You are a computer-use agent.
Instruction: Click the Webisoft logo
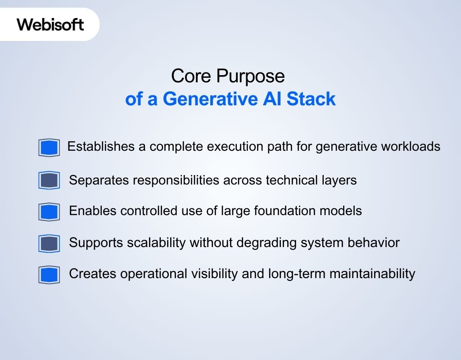[x=50, y=24]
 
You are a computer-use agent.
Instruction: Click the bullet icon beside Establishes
[x=49, y=148]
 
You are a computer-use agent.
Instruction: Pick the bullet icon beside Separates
[x=49, y=180]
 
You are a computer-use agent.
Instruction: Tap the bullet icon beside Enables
[x=49, y=211]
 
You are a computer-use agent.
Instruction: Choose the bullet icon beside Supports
[x=49, y=243]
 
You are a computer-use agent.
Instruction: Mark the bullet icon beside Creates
[x=49, y=275]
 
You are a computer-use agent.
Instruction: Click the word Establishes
[x=101, y=147]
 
